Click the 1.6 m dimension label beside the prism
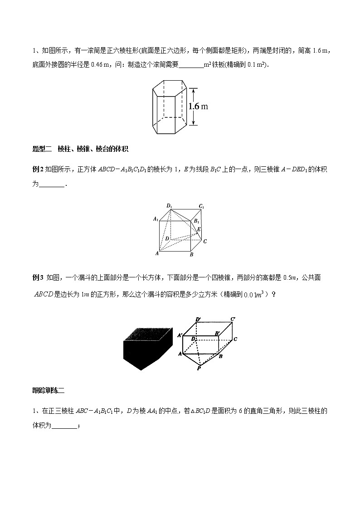(198, 107)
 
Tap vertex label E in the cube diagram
(199, 229)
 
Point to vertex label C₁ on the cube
(201, 207)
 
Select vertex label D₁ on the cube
(169, 206)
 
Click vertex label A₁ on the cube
(156, 220)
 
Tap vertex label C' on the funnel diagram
(232, 320)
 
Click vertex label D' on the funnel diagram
(198, 320)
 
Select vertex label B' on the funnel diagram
(218, 334)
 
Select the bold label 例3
(37, 277)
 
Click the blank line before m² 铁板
(191, 64)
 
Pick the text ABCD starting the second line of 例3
(44, 293)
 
